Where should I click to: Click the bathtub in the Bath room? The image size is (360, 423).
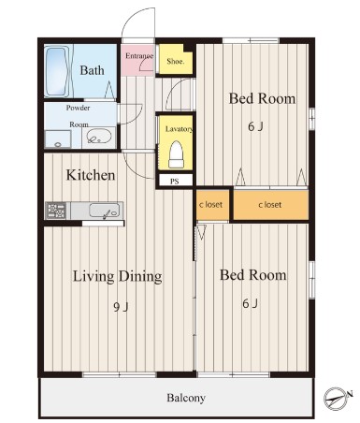(x=57, y=72)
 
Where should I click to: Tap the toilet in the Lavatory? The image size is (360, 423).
(x=177, y=154)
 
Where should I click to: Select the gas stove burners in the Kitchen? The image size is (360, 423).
(x=56, y=211)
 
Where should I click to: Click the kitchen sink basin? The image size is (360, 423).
(x=104, y=210)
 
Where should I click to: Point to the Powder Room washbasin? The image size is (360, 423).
(x=99, y=137)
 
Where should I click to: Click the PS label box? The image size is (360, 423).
(x=175, y=181)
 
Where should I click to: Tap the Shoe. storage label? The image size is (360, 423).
(x=175, y=61)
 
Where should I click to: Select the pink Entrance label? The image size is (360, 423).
(x=139, y=56)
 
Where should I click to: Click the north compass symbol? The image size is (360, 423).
(x=337, y=398)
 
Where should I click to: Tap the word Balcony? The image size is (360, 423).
(x=186, y=398)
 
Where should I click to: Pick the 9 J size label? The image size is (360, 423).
(x=121, y=307)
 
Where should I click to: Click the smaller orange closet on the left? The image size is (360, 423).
(x=212, y=205)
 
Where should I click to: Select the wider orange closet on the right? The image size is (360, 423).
(x=271, y=205)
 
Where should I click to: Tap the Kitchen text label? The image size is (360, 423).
(x=91, y=175)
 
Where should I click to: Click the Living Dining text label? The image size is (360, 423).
(x=117, y=276)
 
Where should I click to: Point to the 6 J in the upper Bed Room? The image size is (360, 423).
(x=256, y=126)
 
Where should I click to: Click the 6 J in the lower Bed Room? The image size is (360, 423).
(x=251, y=303)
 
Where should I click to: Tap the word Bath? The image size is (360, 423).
(x=92, y=70)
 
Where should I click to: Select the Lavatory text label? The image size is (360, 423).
(x=179, y=129)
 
